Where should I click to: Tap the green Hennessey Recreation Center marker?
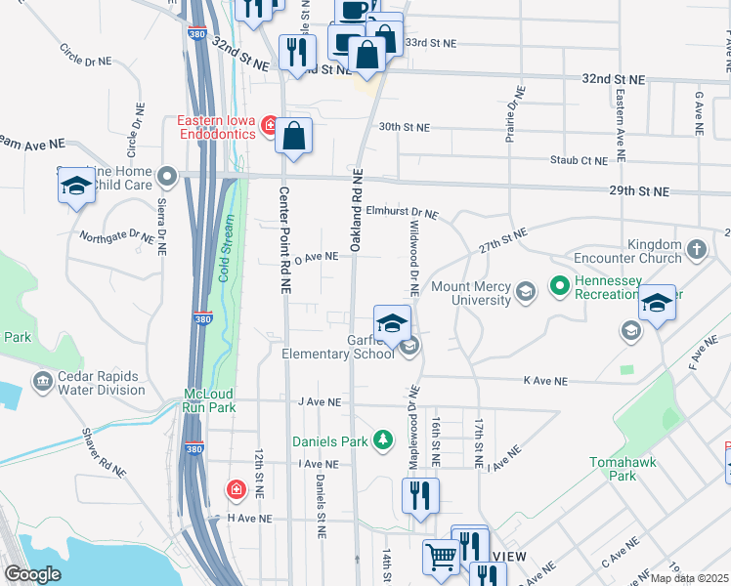click(560, 286)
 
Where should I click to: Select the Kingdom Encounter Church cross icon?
click(696, 249)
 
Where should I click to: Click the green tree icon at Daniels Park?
click(385, 441)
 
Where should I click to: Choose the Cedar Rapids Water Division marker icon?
click(41, 380)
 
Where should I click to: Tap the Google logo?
click(32, 574)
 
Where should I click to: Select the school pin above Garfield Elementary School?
click(392, 323)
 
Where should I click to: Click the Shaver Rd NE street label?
click(104, 451)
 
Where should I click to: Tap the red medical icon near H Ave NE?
click(236, 488)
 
